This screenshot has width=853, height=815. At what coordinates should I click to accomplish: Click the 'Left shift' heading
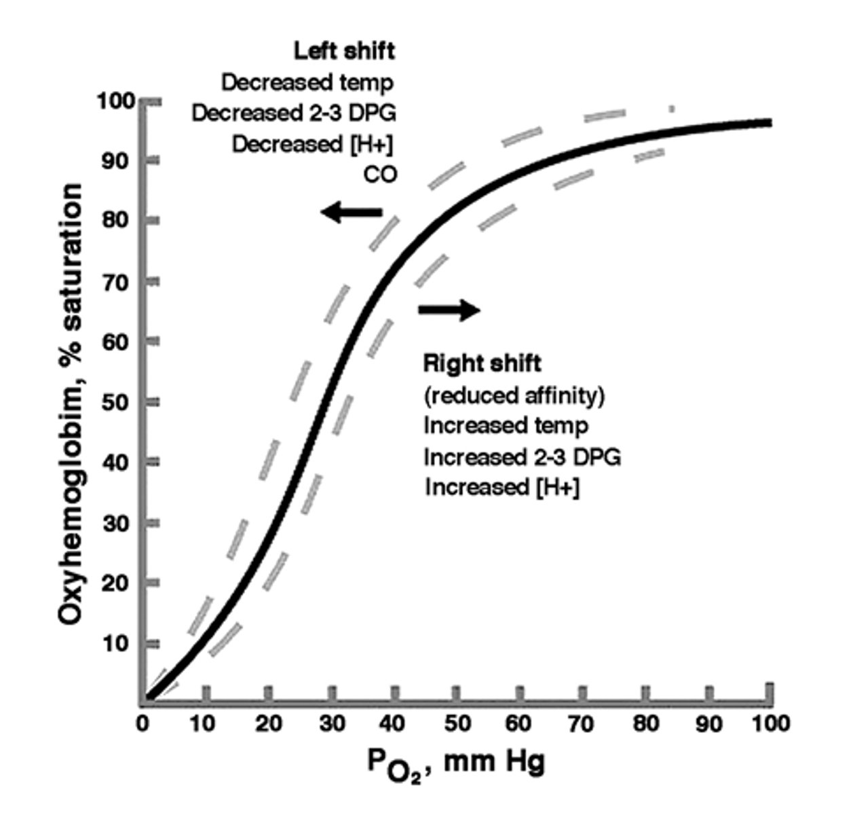click(343, 50)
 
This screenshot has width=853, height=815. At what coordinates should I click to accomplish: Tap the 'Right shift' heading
click(482, 363)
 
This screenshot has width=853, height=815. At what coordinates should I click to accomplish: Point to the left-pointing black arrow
click(352, 212)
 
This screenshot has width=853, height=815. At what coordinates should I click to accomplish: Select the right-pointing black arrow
click(449, 310)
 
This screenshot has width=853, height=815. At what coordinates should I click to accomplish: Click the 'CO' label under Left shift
click(380, 175)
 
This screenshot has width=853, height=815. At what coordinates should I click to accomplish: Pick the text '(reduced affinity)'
click(514, 395)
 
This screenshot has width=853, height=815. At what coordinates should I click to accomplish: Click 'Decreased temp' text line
click(307, 82)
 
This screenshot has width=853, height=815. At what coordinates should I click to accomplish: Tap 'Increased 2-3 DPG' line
click(522, 456)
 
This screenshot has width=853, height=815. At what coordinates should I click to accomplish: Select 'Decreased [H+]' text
click(313, 144)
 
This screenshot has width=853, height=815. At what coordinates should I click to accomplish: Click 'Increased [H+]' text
click(502, 487)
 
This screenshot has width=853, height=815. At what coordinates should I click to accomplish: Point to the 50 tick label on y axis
click(115, 401)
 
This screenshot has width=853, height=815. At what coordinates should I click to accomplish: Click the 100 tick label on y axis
click(112, 101)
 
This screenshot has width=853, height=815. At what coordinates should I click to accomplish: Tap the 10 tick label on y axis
click(115, 642)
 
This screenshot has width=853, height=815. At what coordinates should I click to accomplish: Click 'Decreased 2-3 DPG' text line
click(293, 113)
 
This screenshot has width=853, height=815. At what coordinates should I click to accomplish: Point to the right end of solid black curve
click(769, 122)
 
